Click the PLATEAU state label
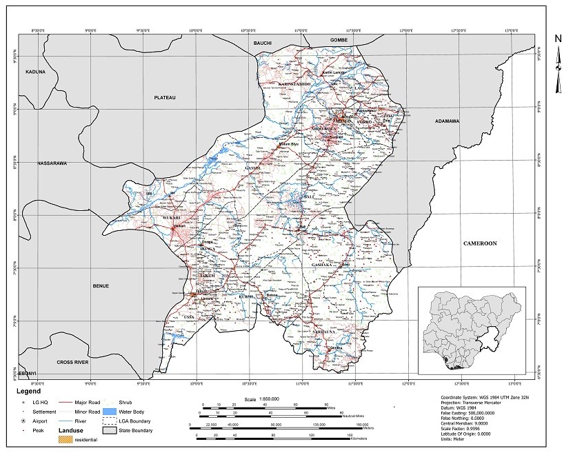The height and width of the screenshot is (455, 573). (165, 99)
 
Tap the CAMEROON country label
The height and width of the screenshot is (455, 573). (480, 243)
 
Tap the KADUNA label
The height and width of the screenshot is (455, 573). (35, 72)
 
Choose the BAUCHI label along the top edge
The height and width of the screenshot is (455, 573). (263, 43)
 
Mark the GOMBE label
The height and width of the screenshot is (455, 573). (339, 41)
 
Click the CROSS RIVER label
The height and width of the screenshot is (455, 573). (73, 361)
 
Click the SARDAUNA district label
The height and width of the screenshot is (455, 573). (324, 332)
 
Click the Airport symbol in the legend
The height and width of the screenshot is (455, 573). (24, 420)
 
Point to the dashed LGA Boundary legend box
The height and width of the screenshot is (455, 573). (108, 420)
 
